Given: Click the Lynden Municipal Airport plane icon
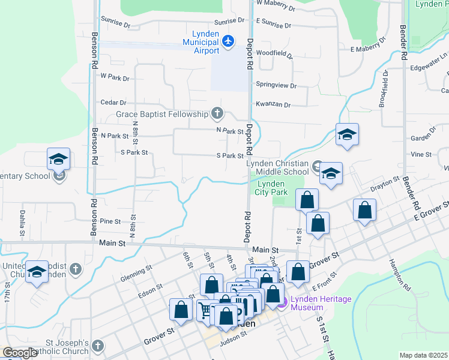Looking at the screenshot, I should [227, 41].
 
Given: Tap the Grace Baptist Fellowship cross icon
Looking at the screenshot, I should [217, 113].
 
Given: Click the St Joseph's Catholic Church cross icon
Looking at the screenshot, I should [98, 346].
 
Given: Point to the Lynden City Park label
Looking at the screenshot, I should [271, 188].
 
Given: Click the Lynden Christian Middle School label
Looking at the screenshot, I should [278, 167].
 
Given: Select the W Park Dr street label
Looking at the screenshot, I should [115, 77].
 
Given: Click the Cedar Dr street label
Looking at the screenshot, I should [113, 103].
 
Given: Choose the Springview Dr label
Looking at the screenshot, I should [276, 86].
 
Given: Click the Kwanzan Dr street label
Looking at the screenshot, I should [273, 104].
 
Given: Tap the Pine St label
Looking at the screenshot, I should [110, 221].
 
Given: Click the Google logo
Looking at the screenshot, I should [20, 353].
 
